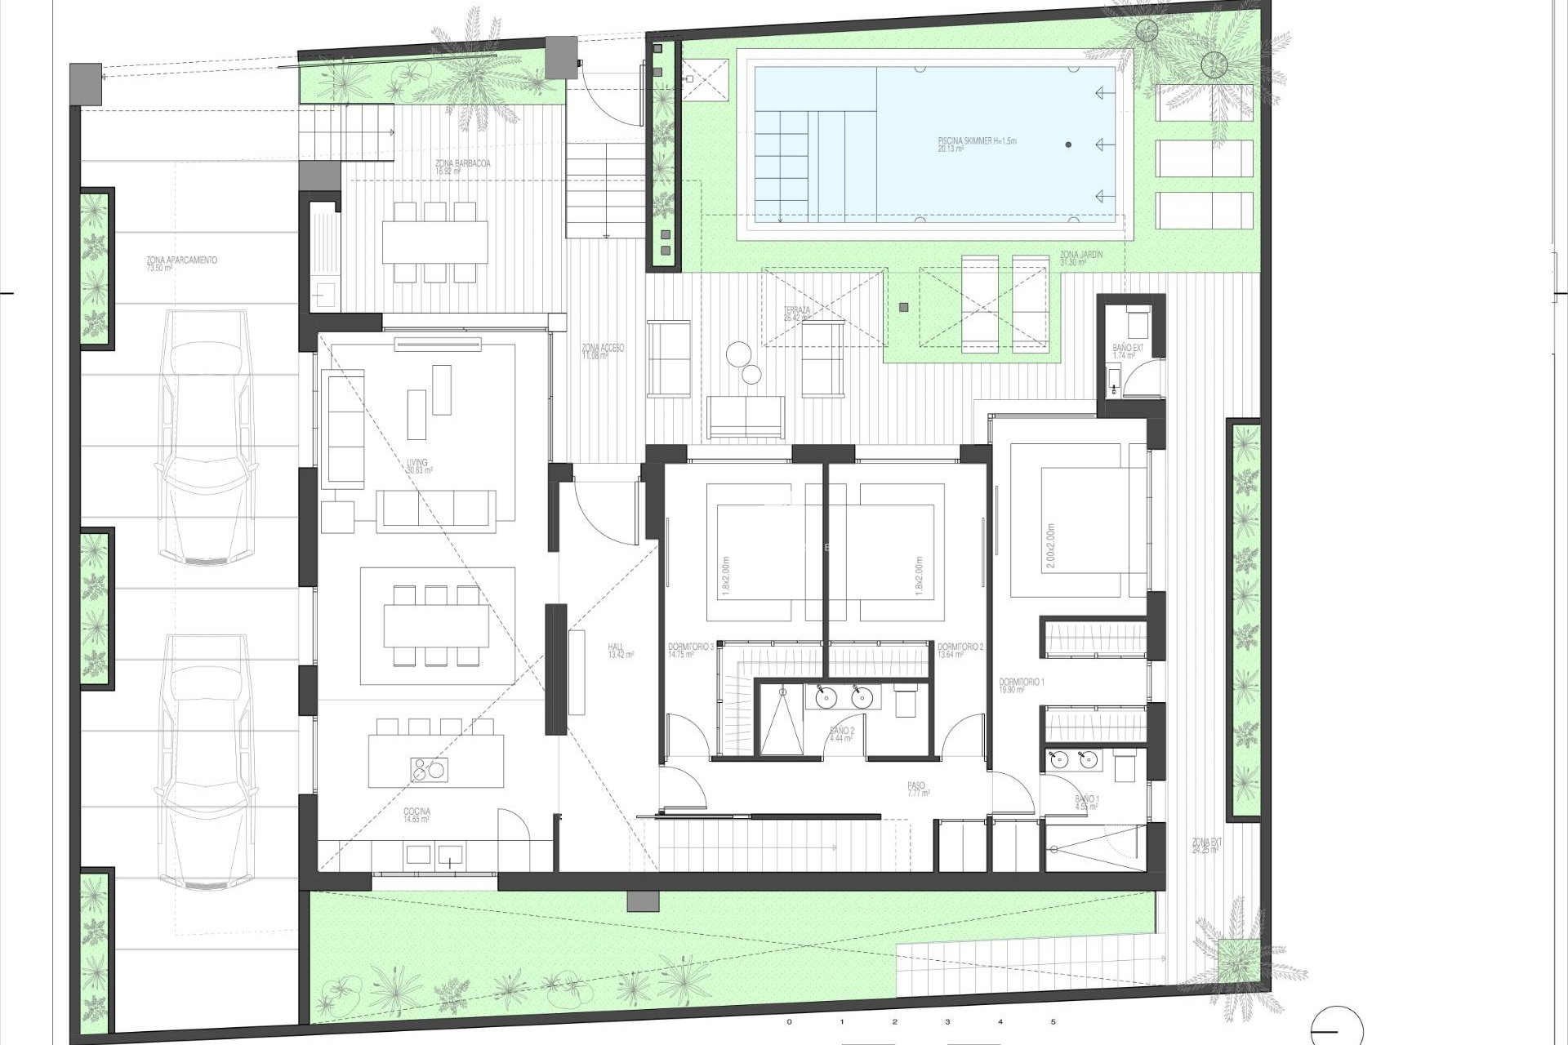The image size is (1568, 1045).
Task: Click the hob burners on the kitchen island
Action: click(429, 768)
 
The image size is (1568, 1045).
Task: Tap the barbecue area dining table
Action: click(434, 242)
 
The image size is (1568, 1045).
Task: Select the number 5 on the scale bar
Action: click(1053, 1021)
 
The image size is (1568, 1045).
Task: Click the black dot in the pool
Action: click(1068, 145)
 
